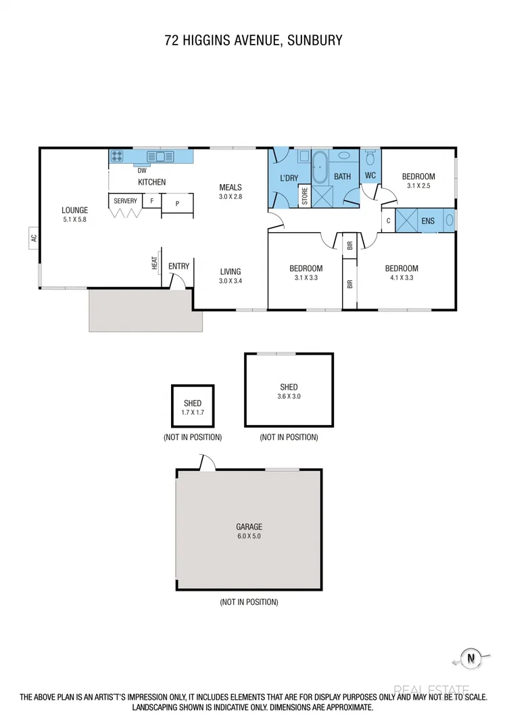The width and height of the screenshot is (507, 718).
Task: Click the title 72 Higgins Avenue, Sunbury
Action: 254,41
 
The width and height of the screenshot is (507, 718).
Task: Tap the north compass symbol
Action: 469,657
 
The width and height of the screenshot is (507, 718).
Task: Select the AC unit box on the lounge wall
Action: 33,238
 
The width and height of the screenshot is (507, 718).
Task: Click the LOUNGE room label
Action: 75,210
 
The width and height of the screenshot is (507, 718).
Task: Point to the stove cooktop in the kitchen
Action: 117,156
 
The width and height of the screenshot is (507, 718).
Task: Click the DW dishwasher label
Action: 142,171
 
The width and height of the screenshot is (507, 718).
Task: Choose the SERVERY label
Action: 125,201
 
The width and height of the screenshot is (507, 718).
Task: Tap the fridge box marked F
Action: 151,201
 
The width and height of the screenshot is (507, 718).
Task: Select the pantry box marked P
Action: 177,202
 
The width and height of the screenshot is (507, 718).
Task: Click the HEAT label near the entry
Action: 155,263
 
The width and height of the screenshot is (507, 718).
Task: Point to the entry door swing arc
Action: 176,283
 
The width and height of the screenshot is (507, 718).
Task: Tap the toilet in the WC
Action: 370,158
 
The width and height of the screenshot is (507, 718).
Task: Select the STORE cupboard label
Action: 305,196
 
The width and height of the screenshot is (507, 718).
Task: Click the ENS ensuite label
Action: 428,221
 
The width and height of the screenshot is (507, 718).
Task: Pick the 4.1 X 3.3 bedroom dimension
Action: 402,277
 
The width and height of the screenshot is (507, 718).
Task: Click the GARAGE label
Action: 249,526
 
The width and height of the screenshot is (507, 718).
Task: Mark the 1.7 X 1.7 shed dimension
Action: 193,412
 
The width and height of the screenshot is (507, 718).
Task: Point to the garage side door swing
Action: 207,463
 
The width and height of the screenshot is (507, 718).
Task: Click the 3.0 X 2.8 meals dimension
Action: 231,197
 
